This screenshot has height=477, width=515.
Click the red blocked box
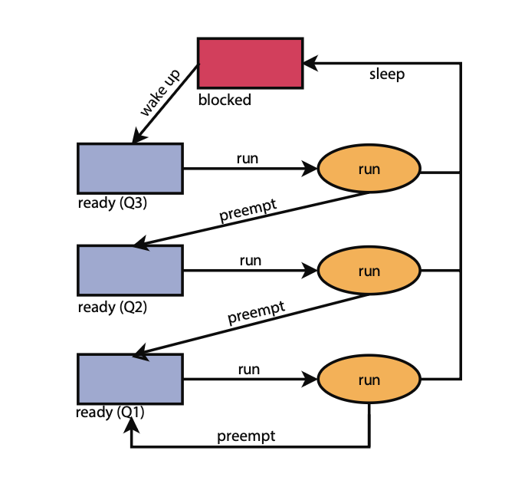(x=250, y=63)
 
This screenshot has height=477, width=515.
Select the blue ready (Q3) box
(x=130, y=168)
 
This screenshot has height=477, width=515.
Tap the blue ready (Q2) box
(x=130, y=270)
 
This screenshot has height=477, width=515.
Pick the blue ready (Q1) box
(x=130, y=379)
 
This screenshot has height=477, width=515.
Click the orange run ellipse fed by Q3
(x=369, y=168)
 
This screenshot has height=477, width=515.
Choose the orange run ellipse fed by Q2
(x=369, y=271)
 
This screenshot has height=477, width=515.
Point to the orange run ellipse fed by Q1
(x=369, y=380)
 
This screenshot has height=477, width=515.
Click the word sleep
(x=386, y=74)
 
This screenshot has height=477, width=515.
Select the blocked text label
(x=225, y=100)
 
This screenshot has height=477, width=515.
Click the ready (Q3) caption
(x=112, y=204)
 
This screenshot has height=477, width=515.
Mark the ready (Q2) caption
(x=112, y=308)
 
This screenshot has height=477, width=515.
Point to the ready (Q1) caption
(x=111, y=413)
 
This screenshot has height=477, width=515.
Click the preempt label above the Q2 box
(x=248, y=211)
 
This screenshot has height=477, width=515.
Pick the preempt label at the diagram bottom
(x=246, y=436)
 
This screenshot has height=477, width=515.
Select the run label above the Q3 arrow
(x=248, y=158)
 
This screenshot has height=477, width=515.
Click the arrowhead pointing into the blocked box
(x=310, y=64)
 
